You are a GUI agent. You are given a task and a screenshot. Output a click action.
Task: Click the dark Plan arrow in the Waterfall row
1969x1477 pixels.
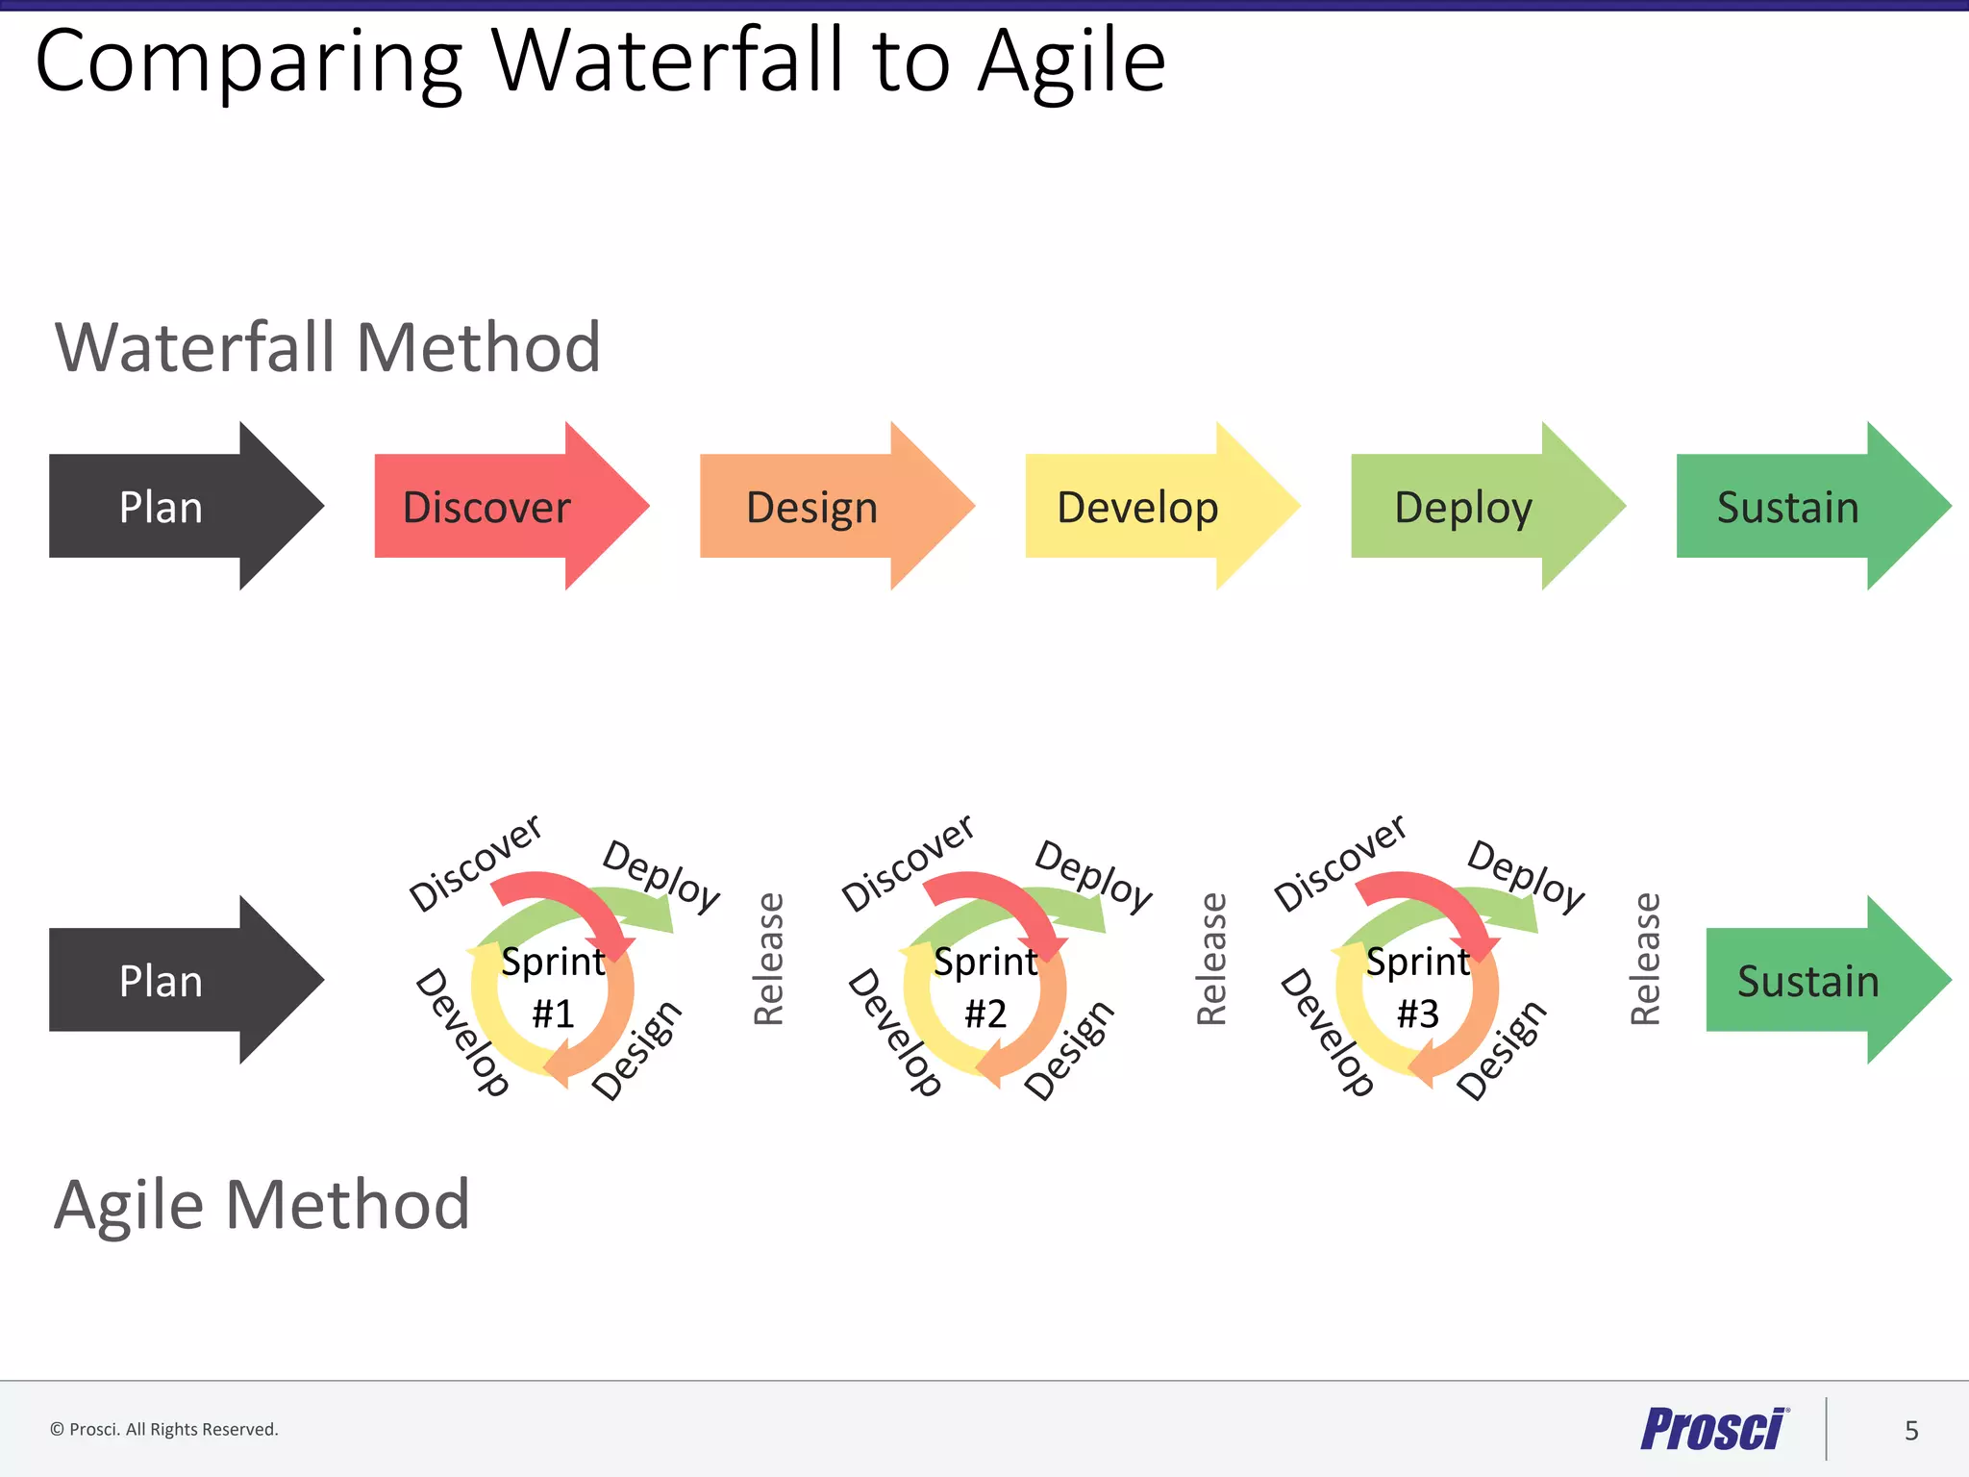[173, 507]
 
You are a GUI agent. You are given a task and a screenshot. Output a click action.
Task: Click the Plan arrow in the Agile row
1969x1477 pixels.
[173, 981]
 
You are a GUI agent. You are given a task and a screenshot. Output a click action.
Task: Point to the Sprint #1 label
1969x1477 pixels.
[553, 987]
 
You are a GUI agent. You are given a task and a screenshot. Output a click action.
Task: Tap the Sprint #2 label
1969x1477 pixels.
[985, 987]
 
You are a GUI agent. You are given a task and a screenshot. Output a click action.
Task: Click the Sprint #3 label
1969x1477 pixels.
[1418, 987]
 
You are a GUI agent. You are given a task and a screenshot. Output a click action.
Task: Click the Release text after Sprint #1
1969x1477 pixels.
[769, 959]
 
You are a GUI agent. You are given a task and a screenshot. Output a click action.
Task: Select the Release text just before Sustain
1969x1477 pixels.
[1645, 959]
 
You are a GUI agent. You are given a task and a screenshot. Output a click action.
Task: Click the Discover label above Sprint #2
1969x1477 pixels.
[908, 863]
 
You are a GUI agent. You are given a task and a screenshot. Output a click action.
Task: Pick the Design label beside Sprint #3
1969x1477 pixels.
[1501, 1050]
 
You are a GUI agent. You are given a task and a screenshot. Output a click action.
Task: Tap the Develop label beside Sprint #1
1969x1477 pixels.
[461, 1033]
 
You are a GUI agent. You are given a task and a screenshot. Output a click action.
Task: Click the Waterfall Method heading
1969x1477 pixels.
[328, 347]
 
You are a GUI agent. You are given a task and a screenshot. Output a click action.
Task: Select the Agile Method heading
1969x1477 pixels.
[262, 1205]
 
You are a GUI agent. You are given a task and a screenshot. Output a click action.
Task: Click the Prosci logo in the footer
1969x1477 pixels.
[1713, 1429]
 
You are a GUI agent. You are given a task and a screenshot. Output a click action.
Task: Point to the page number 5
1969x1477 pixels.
[1911, 1431]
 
